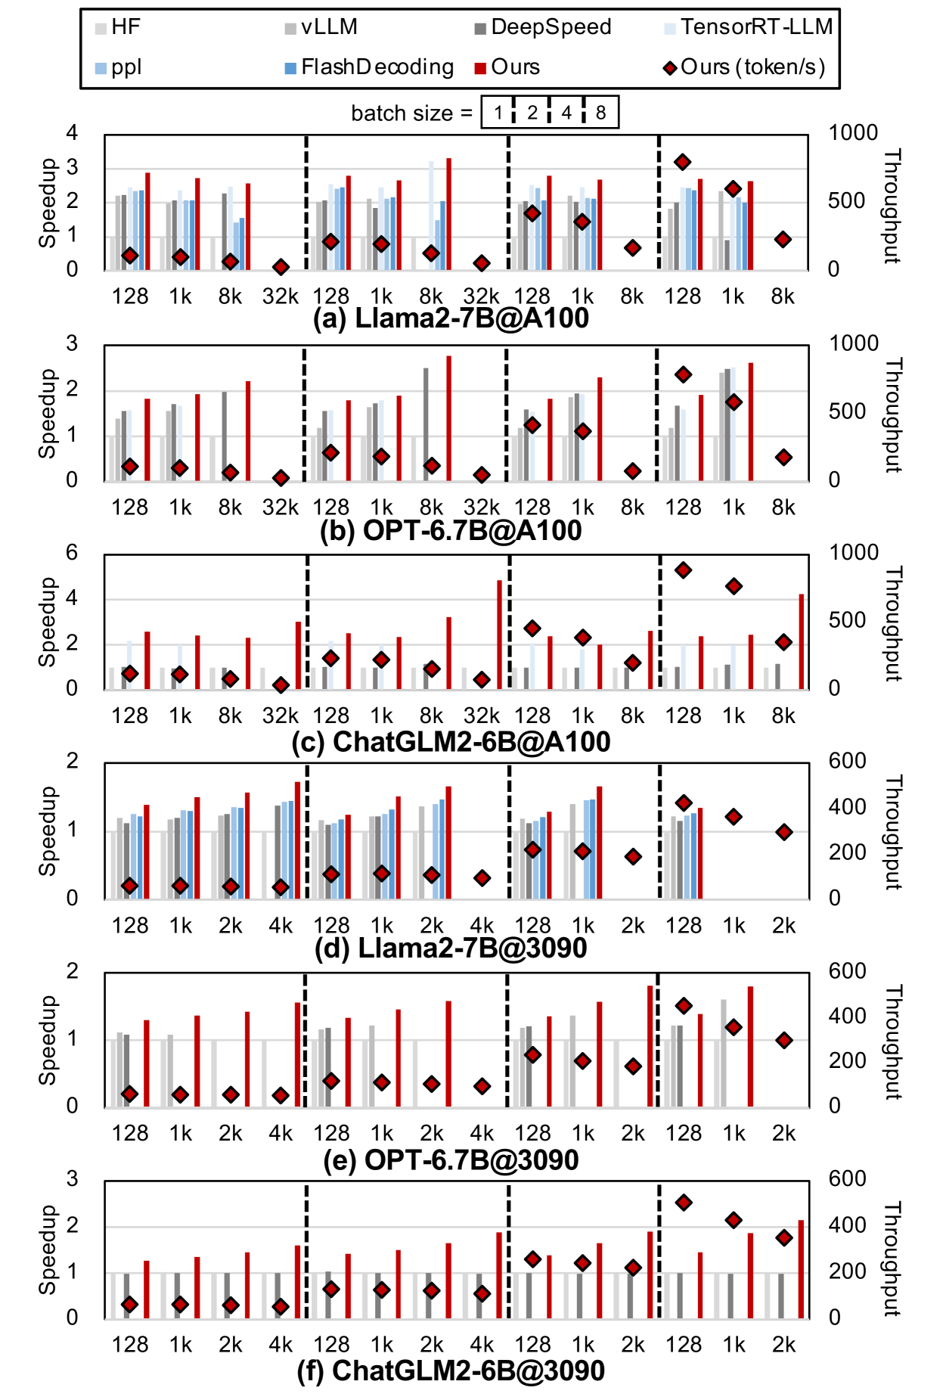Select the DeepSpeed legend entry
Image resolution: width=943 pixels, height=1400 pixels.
coord(542,27)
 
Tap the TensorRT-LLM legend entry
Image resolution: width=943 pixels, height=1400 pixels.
coord(749,27)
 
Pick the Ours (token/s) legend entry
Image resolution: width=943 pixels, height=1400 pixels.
coord(745,67)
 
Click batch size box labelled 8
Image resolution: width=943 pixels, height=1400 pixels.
coord(600,113)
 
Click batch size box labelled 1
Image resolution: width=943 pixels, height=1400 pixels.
coord(498,113)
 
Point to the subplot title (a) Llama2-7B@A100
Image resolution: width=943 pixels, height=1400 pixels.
coord(451,318)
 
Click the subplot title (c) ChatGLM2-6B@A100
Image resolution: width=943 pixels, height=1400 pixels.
coord(451,742)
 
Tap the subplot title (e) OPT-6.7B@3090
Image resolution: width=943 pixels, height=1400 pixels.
coord(451,1160)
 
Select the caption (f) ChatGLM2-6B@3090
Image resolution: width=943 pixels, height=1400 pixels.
coord(451,1371)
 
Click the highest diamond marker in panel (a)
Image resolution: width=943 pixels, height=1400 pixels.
coord(683,162)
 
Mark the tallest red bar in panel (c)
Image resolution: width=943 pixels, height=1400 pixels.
coord(499,634)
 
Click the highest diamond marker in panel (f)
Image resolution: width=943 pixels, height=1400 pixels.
coord(684,1203)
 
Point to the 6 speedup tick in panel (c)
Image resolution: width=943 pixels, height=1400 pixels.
coord(72,553)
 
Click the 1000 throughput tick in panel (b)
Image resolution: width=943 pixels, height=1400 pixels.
coord(854,343)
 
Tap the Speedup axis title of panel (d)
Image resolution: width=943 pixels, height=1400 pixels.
coord(48,831)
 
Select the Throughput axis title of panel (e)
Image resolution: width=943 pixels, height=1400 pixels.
coord(894,1042)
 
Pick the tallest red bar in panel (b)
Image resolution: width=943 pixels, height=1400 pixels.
coord(449,418)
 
